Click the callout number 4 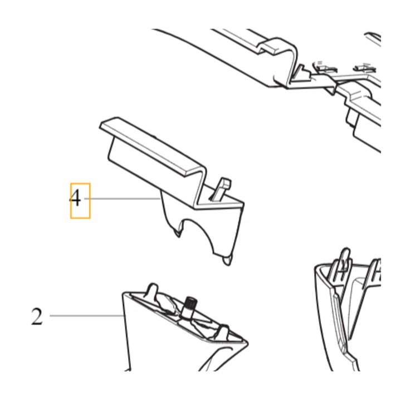coord(75,199)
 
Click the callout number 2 coord(37,316)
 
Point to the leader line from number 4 coord(122,198)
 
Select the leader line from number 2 coord(86,316)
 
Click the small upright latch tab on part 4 coord(221,189)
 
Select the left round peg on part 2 coord(153,290)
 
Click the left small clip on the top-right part coord(326,68)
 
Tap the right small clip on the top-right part coord(364,68)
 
